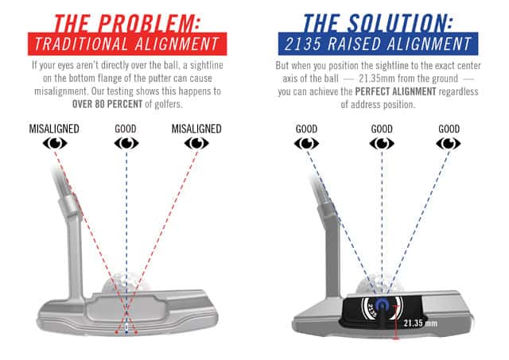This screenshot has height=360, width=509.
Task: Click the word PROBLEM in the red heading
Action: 149,23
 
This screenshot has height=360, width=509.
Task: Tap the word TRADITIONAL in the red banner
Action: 81,44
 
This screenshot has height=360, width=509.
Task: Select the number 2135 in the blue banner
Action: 304,44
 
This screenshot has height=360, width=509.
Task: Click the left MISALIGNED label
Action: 54,129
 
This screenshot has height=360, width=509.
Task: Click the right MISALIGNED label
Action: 196,129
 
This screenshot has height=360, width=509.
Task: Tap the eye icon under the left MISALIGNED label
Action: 55,143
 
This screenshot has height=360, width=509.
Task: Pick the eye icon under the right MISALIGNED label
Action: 196,143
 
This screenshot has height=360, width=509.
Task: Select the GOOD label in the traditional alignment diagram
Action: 126,129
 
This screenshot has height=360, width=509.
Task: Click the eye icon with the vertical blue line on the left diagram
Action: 126,143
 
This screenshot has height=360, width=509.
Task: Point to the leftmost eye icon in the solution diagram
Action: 306,143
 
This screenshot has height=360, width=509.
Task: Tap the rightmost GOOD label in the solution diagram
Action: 449,129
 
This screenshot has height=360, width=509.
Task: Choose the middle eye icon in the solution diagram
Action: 382,143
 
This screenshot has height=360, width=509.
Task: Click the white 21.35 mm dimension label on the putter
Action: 421,323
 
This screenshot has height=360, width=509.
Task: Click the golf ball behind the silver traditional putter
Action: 126,283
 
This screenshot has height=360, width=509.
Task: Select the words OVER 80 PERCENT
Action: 107,104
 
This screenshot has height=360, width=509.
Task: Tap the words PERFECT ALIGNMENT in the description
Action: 395,91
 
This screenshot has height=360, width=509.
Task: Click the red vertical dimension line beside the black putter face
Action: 395,323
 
